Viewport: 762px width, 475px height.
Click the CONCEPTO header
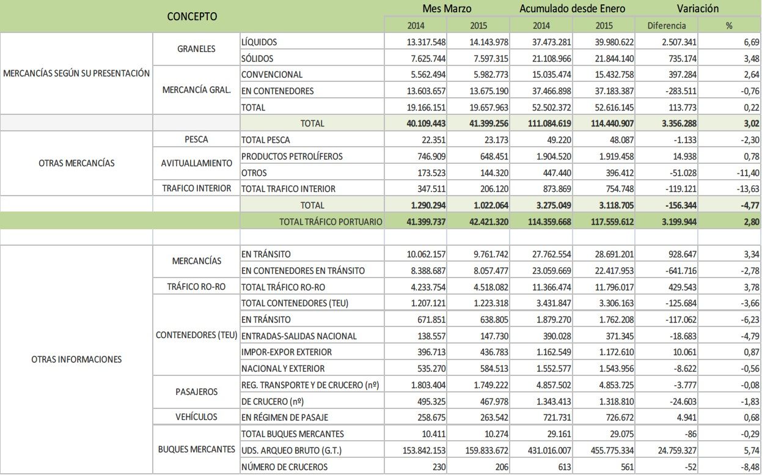click(x=192, y=17)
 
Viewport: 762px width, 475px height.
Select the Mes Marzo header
click(x=447, y=9)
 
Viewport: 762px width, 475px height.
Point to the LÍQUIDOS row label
click(x=259, y=42)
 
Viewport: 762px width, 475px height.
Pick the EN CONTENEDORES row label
click(x=277, y=91)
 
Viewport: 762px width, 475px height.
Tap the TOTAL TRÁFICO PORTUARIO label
click(x=331, y=222)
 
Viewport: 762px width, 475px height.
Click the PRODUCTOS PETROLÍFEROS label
click(x=292, y=156)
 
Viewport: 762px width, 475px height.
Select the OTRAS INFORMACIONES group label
click(x=76, y=359)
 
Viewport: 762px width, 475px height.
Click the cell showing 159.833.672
click(x=478, y=451)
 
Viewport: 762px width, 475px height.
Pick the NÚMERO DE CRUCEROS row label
click(x=285, y=467)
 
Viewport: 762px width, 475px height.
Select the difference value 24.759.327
click(x=670, y=451)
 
